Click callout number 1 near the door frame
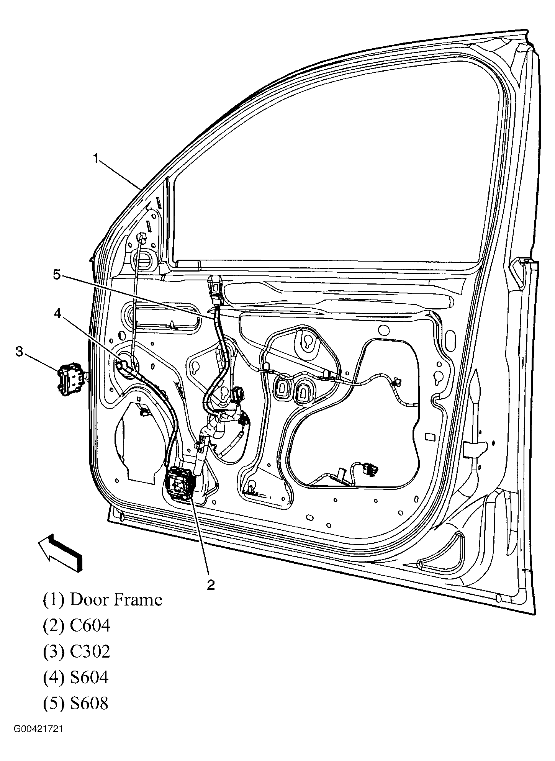pyautogui.click(x=97, y=159)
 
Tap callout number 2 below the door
pyautogui.click(x=210, y=585)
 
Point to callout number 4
pyautogui.click(x=57, y=314)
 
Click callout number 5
pyautogui.click(x=57, y=275)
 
